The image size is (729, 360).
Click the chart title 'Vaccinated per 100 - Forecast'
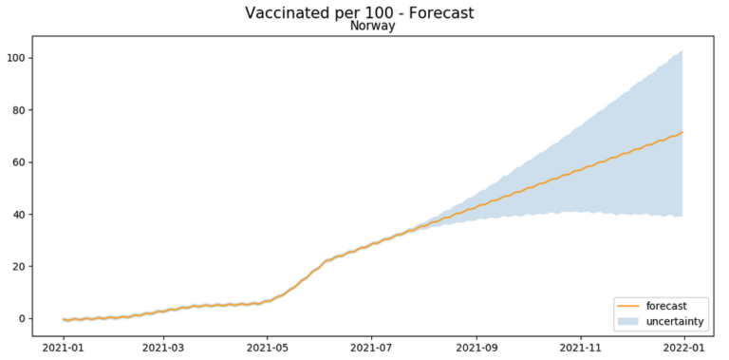coord(359,12)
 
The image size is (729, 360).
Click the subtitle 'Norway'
coord(372,27)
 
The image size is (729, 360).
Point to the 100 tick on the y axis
coord(16,58)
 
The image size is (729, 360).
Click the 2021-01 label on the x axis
coord(64,349)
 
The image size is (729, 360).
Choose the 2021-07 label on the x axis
coord(370,349)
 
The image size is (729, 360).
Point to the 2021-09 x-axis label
coord(476,349)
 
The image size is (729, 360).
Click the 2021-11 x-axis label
coord(579,349)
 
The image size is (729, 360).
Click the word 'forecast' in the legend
coord(665,306)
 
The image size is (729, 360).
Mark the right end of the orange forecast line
coord(682,132)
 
